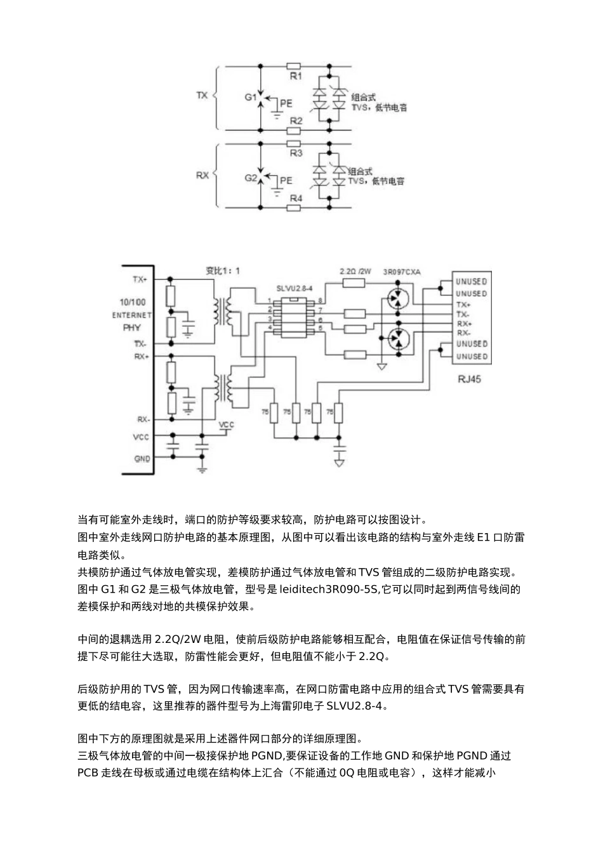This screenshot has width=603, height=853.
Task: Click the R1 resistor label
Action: (296, 76)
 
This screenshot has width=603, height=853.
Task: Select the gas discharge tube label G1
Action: (250, 98)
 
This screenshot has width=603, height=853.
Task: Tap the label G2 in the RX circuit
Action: (250, 178)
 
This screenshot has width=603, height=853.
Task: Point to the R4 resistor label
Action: (296, 199)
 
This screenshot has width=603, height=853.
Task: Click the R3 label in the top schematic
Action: (296, 154)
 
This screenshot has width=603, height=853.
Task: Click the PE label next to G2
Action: (286, 181)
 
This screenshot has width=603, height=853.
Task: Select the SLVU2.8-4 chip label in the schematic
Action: (295, 288)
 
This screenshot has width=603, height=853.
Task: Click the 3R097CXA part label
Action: (402, 272)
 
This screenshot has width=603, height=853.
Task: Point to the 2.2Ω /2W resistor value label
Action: (356, 271)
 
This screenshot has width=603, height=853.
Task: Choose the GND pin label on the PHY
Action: (142, 458)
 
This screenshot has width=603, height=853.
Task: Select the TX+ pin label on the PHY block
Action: (140, 279)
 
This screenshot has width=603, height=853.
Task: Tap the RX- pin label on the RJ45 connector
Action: (463, 333)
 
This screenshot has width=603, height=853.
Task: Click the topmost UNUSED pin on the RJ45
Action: (471, 281)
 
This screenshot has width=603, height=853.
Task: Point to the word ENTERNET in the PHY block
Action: (132, 315)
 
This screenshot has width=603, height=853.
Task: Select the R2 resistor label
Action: (296, 121)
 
